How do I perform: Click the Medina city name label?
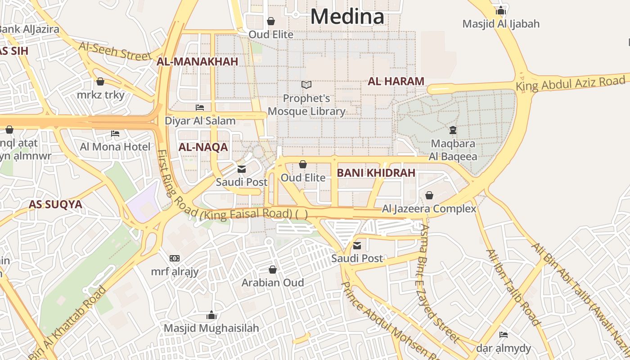coord(347,17)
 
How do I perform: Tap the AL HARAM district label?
coord(396,81)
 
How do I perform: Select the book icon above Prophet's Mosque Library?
coord(306,85)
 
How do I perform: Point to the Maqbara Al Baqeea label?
coord(453,150)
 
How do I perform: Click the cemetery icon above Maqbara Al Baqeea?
coord(453,130)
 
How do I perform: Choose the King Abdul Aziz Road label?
coord(571,83)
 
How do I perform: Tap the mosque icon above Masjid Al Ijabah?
coord(501,10)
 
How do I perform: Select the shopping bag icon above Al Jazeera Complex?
coord(429,195)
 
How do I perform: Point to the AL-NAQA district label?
coord(203,147)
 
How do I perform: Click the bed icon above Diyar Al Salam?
coord(200,108)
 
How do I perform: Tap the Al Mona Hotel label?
coord(115,147)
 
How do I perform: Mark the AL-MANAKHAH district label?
coord(197,62)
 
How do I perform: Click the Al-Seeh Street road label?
coord(115,51)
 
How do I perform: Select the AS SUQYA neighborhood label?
coord(55,205)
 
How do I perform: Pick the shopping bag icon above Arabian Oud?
coord(273,270)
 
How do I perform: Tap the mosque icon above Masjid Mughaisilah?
coord(211,315)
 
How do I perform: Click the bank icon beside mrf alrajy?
coord(175,258)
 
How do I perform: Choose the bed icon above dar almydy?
coord(504,335)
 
